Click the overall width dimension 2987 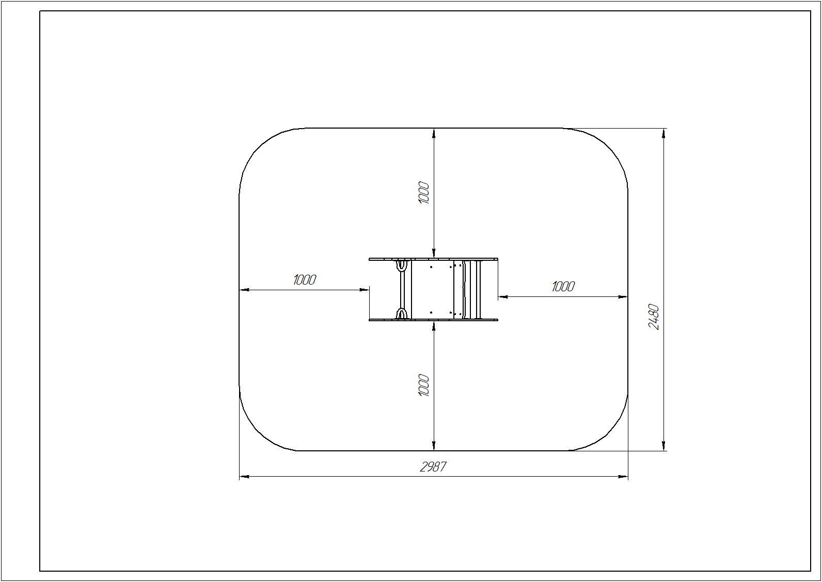coord(433,467)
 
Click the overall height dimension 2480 coord(654,317)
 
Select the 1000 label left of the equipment coord(304,280)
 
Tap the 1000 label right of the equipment coord(563,287)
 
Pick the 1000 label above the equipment coord(423,193)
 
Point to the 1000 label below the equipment coord(423,385)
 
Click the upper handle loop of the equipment coord(402,265)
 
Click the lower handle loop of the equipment coord(402,314)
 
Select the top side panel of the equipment coord(433,259)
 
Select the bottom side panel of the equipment coord(433,320)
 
